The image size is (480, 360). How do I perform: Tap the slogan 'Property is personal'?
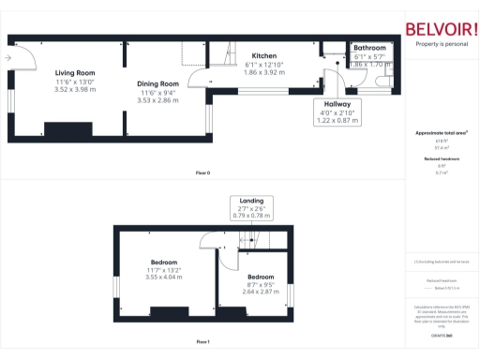pos(442,44)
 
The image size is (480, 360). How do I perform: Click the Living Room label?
pos(74,73)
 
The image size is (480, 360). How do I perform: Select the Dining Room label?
pos(156,82)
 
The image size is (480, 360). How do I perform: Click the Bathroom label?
pos(369,48)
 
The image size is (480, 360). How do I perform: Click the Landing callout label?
pos(249,201)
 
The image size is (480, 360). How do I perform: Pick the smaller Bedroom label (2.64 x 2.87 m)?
pos(262,278)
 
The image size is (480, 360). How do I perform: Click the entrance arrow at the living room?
pos(7,58)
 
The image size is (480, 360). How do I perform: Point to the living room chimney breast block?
pos(67,128)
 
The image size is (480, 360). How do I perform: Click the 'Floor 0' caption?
pos(202,173)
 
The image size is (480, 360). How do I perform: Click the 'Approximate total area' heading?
pos(441,134)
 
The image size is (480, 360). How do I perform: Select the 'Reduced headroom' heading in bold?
pos(441,160)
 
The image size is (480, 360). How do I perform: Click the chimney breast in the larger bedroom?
pos(170,312)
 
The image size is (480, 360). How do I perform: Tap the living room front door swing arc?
pos(28,62)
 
